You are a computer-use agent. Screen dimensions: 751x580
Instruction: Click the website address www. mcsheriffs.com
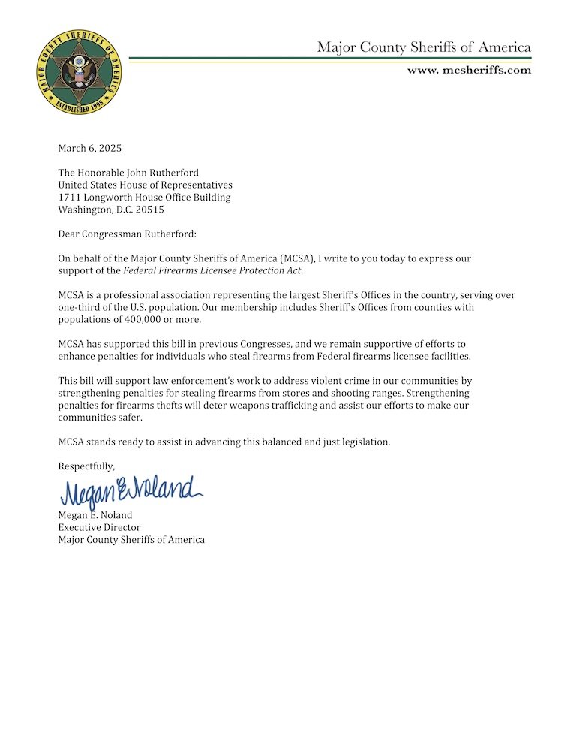(469, 70)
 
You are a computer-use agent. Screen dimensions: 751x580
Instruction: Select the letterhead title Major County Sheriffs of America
(424, 47)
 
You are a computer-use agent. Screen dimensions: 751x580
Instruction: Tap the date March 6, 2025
(89, 148)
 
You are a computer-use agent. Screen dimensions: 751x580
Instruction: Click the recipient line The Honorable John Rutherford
(128, 173)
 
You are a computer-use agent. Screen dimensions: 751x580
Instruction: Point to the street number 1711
(70, 198)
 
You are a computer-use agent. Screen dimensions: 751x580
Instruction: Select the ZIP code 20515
(149, 210)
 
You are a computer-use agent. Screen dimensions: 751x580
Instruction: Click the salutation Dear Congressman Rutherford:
(127, 234)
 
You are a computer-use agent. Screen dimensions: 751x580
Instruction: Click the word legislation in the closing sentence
(363, 442)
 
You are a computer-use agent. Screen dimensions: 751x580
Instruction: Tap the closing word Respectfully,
(86, 466)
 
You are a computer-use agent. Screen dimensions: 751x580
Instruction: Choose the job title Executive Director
(99, 527)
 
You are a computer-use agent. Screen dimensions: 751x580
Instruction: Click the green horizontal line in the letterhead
(330, 58)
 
